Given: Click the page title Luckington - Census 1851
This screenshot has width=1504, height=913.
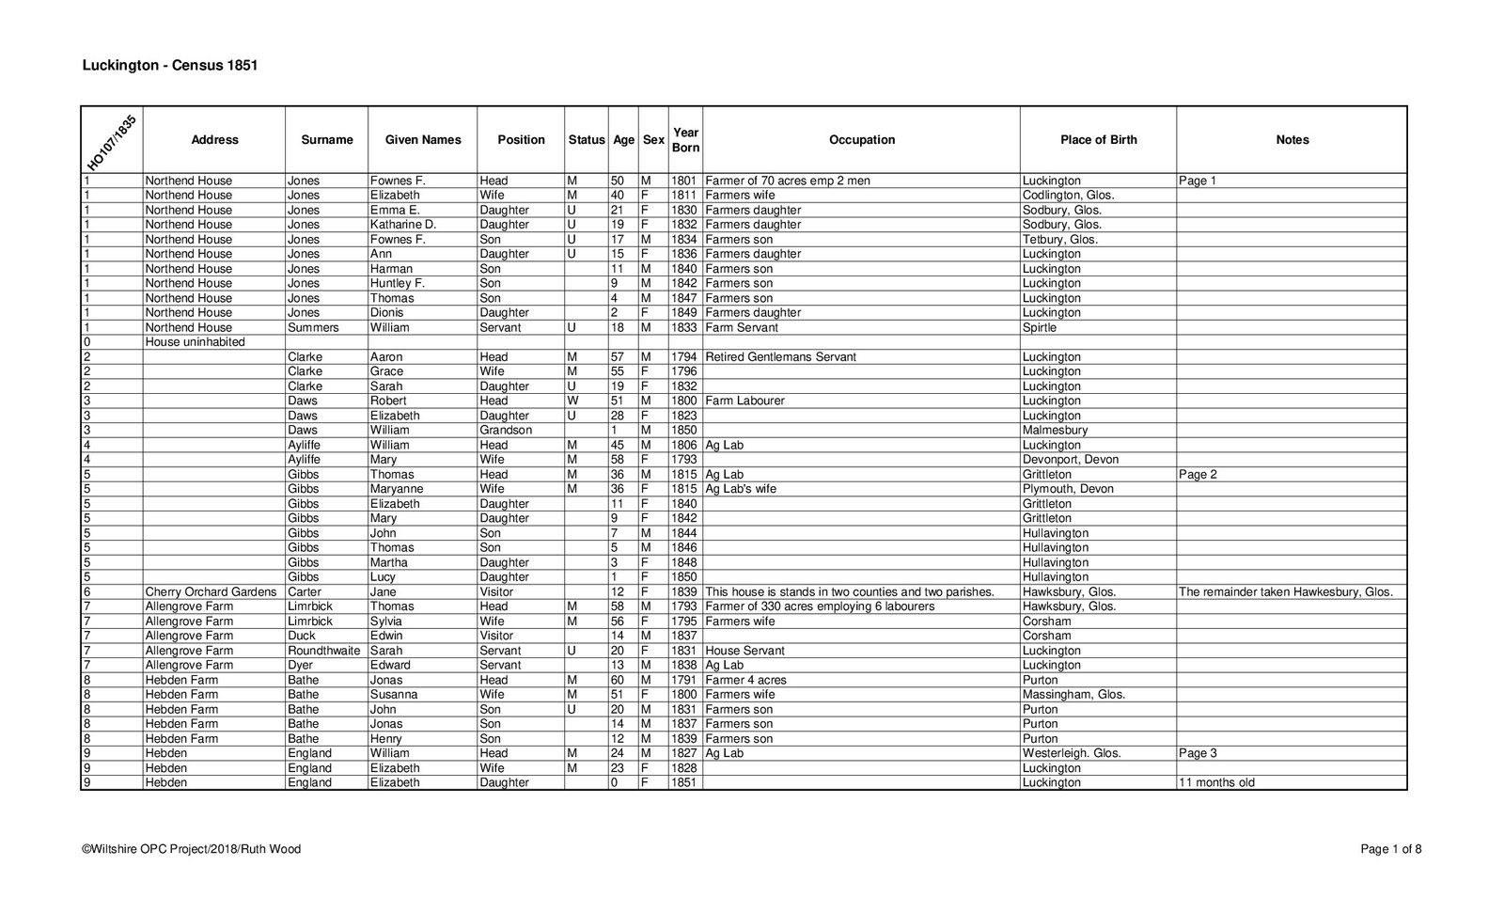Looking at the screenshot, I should pos(169,66).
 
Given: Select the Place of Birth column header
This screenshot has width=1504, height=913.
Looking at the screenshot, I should pos(1098,140).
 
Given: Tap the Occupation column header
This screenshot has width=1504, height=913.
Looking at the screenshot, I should pos(861,140).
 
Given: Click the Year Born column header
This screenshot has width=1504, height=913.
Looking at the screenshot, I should pos(685,140).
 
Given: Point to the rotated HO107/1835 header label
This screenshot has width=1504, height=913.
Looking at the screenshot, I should pos(111,141).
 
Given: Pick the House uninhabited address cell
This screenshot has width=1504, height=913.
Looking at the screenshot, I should pos(195,342).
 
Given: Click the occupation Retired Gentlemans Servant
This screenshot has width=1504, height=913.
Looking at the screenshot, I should pos(780,357).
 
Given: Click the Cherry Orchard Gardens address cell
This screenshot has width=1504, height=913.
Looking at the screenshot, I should pos(211,592).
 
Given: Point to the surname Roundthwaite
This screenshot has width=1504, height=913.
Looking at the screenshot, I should pos(323,651).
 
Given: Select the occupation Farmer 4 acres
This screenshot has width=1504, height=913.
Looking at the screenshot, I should pos(745,680).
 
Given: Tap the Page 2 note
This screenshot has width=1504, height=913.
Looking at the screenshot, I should pos(1198,475).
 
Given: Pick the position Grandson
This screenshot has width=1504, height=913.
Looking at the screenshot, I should pos(506,431).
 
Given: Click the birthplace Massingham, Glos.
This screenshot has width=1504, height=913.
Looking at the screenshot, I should pos(1073,695).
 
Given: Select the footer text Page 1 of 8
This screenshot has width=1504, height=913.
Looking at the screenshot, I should pos(1390,849).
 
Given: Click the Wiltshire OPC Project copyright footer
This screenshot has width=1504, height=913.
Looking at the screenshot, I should pos(192,849).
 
